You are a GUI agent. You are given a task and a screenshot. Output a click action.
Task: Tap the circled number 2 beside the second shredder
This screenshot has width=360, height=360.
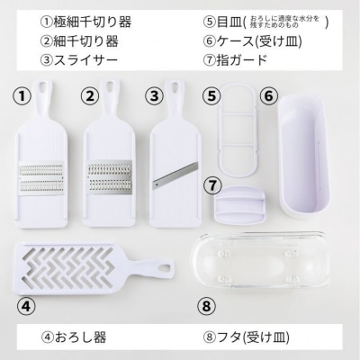[89, 94]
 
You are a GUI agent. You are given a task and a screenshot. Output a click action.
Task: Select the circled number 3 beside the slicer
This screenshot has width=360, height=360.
[154, 94]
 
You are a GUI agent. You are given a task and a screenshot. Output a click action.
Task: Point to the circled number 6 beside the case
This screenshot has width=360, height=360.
[267, 94]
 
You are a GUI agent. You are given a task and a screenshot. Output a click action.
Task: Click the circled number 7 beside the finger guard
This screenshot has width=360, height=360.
[212, 184]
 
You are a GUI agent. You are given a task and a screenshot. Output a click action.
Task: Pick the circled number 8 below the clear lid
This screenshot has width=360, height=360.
[207, 306]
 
